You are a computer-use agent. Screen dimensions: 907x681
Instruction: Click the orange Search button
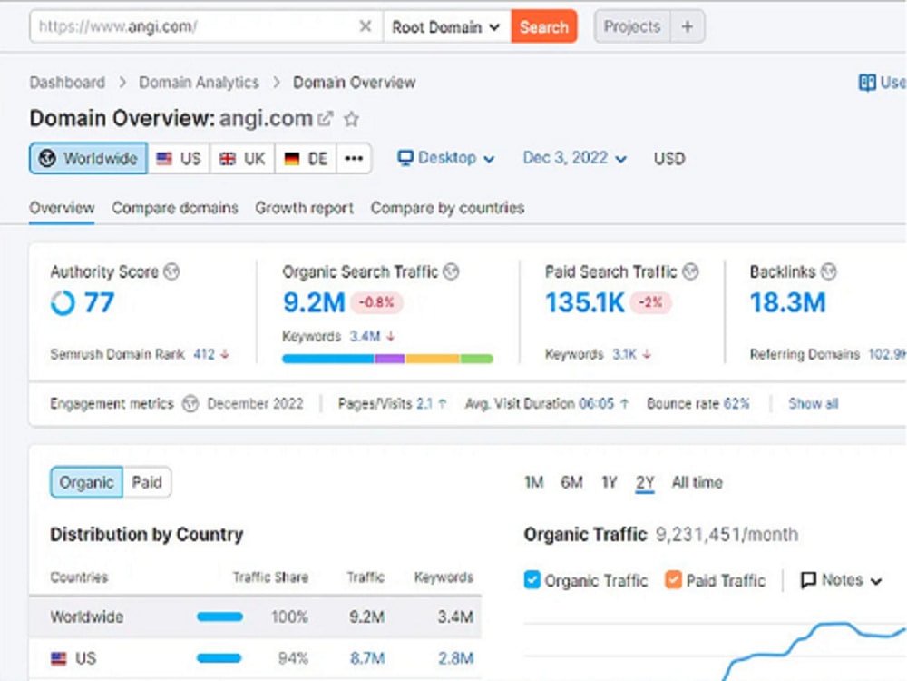click(x=543, y=26)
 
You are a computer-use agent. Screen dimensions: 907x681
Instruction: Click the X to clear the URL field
click(x=365, y=26)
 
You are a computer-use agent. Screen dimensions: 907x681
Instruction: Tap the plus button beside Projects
click(x=688, y=26)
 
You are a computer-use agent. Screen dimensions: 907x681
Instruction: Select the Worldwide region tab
click(x=89, y=158)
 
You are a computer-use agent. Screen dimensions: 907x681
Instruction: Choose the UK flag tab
click(x=243, y=158)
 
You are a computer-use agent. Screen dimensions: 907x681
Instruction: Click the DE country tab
click(x=306, y=158)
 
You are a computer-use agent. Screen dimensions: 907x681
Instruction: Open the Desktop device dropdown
click(x=446, y=158)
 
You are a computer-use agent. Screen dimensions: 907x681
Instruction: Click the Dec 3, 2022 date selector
click(x=574, y=158)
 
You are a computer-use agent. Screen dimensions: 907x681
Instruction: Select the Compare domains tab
click(x=175, y=208)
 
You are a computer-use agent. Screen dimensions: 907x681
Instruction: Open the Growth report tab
click(x=304, y=208)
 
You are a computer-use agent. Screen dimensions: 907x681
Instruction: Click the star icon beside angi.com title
click(x=351, y=119)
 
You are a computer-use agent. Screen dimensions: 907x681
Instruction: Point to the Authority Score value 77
click(x=99, y=302)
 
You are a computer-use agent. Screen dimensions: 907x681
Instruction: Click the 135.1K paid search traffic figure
click(x=585, y=302)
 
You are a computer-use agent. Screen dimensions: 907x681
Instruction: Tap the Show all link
click(x=813, y=404)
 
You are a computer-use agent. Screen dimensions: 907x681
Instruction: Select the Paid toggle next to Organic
click(x=147, y=482)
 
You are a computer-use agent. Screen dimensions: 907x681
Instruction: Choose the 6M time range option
click(x=571, y=482)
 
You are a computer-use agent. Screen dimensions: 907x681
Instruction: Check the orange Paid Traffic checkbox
click(x=673, y=579)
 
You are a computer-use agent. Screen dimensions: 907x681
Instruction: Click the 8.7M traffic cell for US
click(x=366, y=658)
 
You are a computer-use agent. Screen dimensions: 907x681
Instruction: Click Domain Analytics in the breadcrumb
click(x=199, y=83)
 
